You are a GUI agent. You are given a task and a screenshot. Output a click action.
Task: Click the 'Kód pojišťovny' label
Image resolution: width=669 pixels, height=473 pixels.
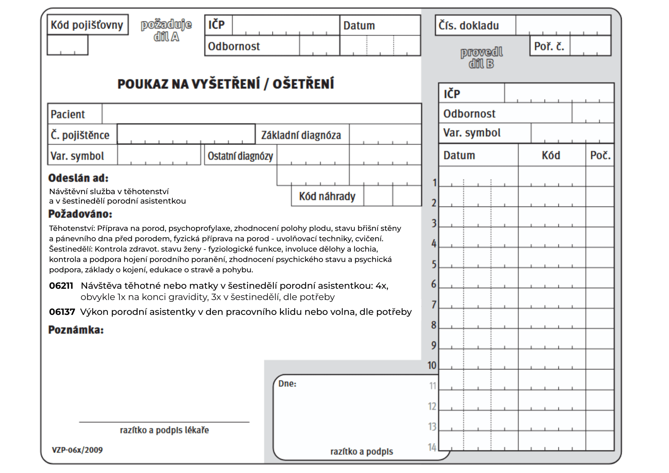click(x=87, y=25)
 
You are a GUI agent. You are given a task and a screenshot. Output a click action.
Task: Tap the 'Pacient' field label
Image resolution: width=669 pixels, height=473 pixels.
click(x=68, y=114)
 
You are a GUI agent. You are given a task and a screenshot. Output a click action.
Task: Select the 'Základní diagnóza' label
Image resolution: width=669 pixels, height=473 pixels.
click(x=301, y=135)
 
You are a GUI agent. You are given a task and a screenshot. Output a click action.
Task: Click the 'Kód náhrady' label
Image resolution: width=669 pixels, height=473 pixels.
click(x=327, y=197)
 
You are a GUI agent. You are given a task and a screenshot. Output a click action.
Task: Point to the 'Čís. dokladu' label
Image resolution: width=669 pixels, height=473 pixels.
click(x=469, y=26)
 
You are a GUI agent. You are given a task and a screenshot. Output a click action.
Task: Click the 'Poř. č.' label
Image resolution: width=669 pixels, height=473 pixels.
click(x=549, y=46)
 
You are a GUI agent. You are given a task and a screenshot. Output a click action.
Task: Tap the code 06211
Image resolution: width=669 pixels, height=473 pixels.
click(x=61, y=286)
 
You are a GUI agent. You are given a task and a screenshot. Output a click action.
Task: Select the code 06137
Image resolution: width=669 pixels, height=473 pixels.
click(x=62, y=312)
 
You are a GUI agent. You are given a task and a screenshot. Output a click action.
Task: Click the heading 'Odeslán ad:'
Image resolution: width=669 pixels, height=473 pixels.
click(x=78, y=178)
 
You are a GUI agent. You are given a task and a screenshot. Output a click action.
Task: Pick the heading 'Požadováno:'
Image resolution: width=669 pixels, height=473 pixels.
click(x=80, y=214)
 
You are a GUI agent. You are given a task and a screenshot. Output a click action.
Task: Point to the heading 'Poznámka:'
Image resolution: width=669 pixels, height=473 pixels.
click(x=76, y=330)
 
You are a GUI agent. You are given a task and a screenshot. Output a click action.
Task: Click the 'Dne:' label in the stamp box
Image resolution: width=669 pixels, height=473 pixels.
click(x=287, y=384)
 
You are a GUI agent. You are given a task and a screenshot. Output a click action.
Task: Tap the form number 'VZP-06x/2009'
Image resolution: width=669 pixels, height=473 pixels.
click(x=77, y=450)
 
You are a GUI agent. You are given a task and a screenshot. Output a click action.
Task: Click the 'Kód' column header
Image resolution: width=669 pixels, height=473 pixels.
click(x=551, y=155)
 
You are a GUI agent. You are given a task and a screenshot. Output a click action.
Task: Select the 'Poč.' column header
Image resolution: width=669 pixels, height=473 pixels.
click(x=600, y=155)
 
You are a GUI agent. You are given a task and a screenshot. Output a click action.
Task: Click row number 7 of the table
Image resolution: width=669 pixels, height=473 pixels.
click(x=434, y=304)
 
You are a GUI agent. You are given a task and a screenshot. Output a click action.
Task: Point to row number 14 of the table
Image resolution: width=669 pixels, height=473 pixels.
click(x=432, y=447)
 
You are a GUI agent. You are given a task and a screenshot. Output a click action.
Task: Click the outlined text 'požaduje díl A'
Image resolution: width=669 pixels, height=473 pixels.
click(x=166, y=30)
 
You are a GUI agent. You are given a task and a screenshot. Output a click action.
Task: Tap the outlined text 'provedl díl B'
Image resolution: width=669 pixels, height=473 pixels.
click(x=481, y=58)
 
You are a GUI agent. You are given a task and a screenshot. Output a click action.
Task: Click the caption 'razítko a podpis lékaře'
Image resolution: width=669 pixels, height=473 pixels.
click(x=164, y=430)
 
